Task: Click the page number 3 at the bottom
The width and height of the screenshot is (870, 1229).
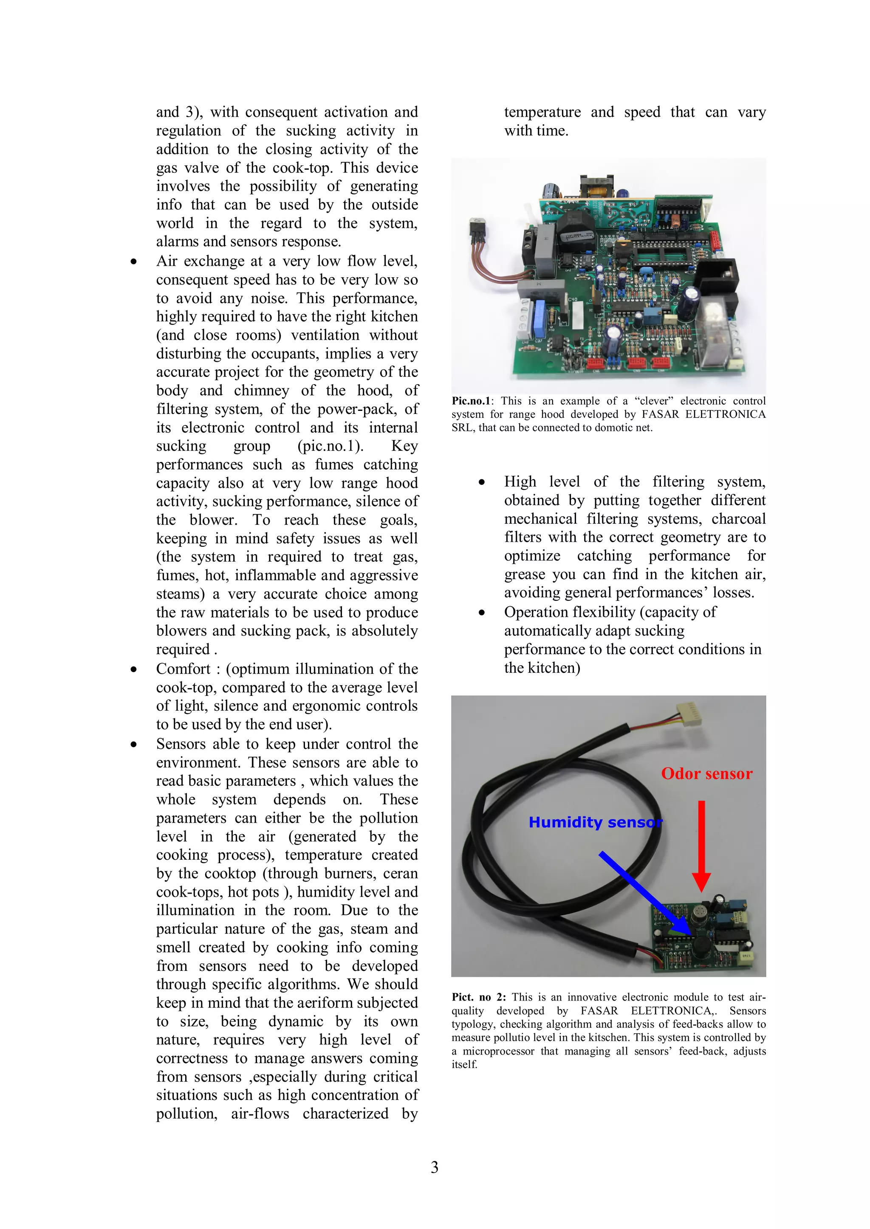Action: [x=435, y=1167]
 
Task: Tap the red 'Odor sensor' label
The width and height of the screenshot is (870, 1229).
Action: [x=706, y=773]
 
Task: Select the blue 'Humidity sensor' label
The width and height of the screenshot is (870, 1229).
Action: [x=595, y=822]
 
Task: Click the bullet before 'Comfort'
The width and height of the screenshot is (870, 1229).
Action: [x=133, y=669]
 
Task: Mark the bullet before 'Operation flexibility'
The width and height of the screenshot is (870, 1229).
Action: [x=482, y=612]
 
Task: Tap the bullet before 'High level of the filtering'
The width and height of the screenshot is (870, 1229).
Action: [x=482, y=482]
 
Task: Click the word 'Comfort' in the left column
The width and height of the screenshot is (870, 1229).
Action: [x=183, y=669]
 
